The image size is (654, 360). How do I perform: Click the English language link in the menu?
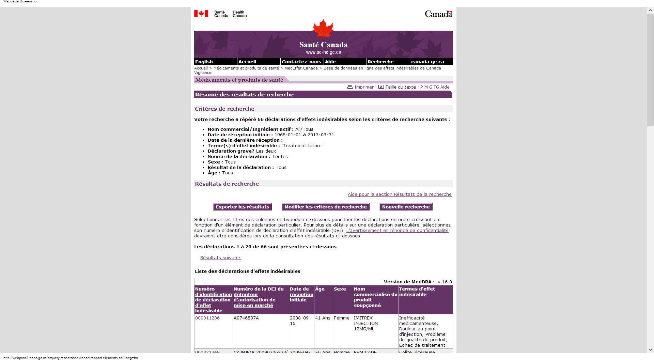point(204,62)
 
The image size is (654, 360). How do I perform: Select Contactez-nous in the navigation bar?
point(301,62)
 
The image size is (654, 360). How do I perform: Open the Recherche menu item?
point(380,62)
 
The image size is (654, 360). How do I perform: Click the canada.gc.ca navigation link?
point(427,62)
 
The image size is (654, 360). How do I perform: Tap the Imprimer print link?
point(363,87)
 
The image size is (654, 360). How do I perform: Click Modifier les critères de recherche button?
point(325,207)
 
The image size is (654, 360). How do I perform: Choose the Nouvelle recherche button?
point(406,207)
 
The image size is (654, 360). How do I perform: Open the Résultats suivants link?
point(221,258)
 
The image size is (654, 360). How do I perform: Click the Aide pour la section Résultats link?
point(400,194)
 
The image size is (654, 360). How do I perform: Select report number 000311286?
point(207,318)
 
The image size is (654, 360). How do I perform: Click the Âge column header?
point(320,289)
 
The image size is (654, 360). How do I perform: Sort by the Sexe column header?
point(340,289)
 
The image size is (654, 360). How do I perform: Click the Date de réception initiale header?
point(301,294)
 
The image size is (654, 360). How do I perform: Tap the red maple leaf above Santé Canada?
point(323,29)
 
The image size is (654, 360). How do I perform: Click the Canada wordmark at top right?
point(438,14)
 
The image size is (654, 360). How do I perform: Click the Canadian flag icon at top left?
point(201,14)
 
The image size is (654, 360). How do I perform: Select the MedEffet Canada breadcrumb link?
point(301,68)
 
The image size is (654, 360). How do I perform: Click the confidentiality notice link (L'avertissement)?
point(397,231)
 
